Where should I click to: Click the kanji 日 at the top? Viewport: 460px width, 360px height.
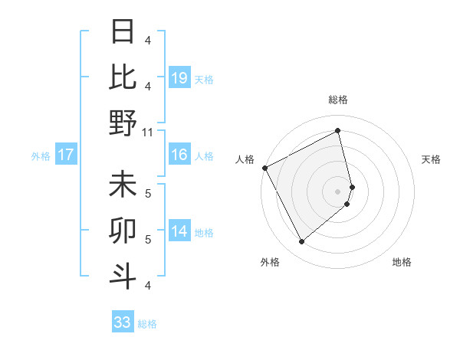click(123, 31)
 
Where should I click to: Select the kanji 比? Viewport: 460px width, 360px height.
click(123, 77)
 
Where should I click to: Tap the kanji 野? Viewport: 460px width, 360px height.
click(123, 122)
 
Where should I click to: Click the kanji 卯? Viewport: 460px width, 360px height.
click(123, 231)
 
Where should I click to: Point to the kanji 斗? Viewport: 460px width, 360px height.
click(123, 276)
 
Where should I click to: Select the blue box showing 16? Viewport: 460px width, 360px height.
click(179, 155)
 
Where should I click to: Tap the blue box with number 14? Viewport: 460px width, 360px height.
click(179, 231)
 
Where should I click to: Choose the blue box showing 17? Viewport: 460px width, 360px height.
click(65, 155)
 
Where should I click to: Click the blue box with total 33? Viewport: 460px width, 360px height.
click(122, 322)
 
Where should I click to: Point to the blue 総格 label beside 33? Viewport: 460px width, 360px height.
click(147, 324)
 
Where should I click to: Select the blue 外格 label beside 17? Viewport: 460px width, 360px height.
click(41, 156)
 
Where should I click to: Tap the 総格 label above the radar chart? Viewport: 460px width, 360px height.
click(338, 100)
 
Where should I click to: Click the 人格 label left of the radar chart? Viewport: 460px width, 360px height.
click(245, 159)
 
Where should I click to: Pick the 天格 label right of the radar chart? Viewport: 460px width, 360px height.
click(432, 159)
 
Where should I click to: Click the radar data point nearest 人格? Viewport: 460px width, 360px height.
click(264, 168)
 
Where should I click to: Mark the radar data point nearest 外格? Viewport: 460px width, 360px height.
click(301, 242)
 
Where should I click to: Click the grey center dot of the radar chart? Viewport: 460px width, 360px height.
click(338, 191)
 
